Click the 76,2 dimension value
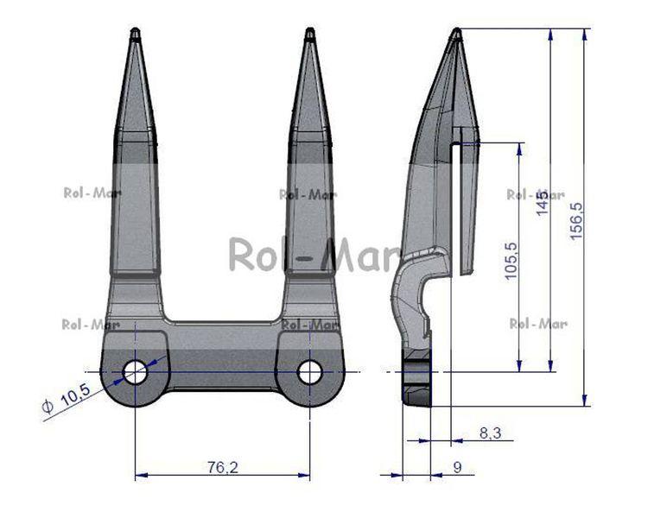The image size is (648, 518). (222, 467)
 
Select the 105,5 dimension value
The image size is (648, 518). (511, 261)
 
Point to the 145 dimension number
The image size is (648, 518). (543, 203)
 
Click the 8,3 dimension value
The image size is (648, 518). (491, 433)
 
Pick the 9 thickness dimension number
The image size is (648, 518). (457, 467)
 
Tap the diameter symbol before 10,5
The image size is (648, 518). (48, 407)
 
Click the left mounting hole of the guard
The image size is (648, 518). (135, 372)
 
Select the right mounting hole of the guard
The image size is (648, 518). (310, 372)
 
